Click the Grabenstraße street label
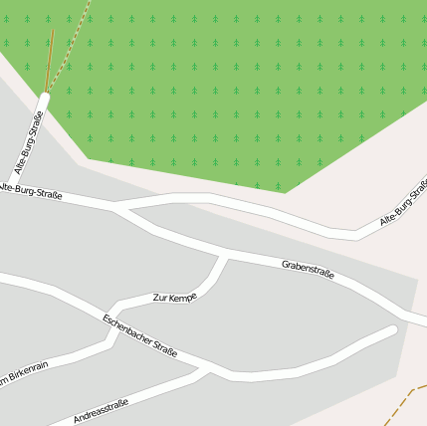(x=308, y=268)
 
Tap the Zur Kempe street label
(x=174, y=298)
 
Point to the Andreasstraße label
(x=101, y=411)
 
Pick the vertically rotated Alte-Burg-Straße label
(x=29, y=143)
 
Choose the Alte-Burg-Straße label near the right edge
(x=403, y=207)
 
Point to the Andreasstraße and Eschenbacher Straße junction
(x=207, y=370)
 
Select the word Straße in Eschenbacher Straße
(x=162, y=347)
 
